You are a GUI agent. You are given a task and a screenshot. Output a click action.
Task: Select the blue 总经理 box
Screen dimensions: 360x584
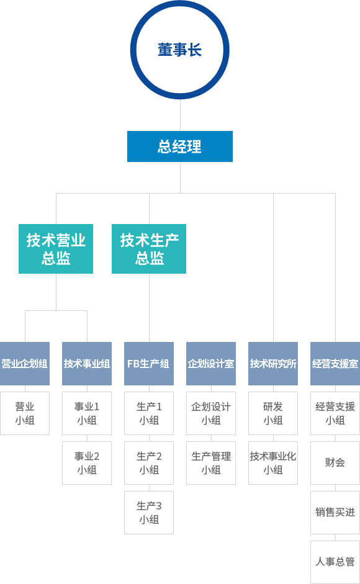[180, 146]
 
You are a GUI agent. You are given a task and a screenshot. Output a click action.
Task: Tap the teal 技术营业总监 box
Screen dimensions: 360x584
[56, 249]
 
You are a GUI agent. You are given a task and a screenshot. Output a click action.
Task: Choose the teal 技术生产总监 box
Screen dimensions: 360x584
[149, 249]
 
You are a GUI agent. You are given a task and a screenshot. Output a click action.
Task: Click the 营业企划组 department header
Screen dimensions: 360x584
[25, 364]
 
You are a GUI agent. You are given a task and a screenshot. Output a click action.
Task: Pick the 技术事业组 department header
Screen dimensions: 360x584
[87, 364]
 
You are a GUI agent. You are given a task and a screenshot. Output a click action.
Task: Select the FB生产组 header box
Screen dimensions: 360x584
[149, 364]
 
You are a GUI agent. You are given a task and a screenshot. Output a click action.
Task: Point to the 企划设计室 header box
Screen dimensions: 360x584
[211, 364]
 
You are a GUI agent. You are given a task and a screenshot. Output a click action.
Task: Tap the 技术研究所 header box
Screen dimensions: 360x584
[273, 364]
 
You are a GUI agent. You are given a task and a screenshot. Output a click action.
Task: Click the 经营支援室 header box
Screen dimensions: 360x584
[335, 364]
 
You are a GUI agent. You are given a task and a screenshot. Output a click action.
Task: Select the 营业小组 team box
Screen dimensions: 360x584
[25, 413]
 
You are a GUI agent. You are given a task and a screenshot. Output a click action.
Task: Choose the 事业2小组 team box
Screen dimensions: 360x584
[87, 463]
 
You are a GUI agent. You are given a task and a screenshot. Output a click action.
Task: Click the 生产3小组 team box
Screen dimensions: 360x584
[149, 513]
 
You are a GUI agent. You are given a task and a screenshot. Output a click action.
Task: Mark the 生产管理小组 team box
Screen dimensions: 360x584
[211, 463]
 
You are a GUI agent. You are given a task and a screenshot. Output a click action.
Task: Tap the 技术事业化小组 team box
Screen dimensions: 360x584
[273, 463]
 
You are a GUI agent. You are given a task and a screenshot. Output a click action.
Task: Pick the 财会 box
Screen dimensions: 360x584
[335, 463]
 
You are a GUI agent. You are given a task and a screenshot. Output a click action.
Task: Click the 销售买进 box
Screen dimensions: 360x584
[335, 513]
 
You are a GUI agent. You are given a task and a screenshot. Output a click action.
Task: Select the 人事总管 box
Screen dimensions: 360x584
[335, 562]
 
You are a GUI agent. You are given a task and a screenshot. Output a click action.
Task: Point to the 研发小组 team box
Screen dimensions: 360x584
[273, 413]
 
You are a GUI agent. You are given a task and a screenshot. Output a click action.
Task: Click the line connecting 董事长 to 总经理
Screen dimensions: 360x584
[181, 115]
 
